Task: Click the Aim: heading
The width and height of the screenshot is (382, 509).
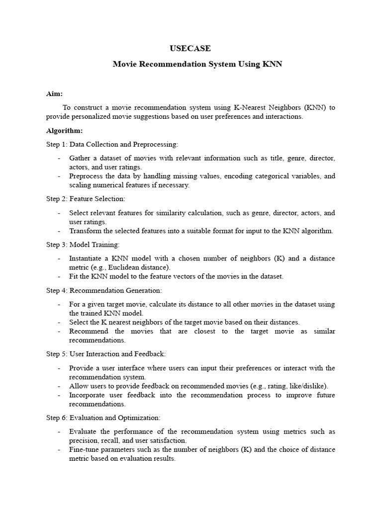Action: pyautogui.click(x=55, y=93)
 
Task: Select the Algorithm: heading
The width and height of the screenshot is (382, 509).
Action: pyautogui.click(x=65, y=131)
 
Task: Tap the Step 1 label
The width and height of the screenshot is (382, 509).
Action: pyautogui.click(x=56, y=144)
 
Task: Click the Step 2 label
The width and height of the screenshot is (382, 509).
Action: pyautogui.click(x=56, y=199)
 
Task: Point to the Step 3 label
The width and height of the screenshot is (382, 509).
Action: pyautogui.click(x=56, y=245)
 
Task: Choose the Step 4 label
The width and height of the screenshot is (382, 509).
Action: pyautogui.click(x=56, y=290)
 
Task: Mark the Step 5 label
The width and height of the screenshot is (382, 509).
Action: pyautogui.click(x=56, y=354)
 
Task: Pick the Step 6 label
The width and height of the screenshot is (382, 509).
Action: pyautogui.click(x=56, y=418)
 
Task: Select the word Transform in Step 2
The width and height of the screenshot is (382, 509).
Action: pyautogui.click(x=85, y=231)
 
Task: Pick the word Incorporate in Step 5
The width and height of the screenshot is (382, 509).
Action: pyautogui.click(x=88, y=395)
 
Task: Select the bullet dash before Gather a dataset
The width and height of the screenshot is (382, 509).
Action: pyautogui.click(x=59, y=158)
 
